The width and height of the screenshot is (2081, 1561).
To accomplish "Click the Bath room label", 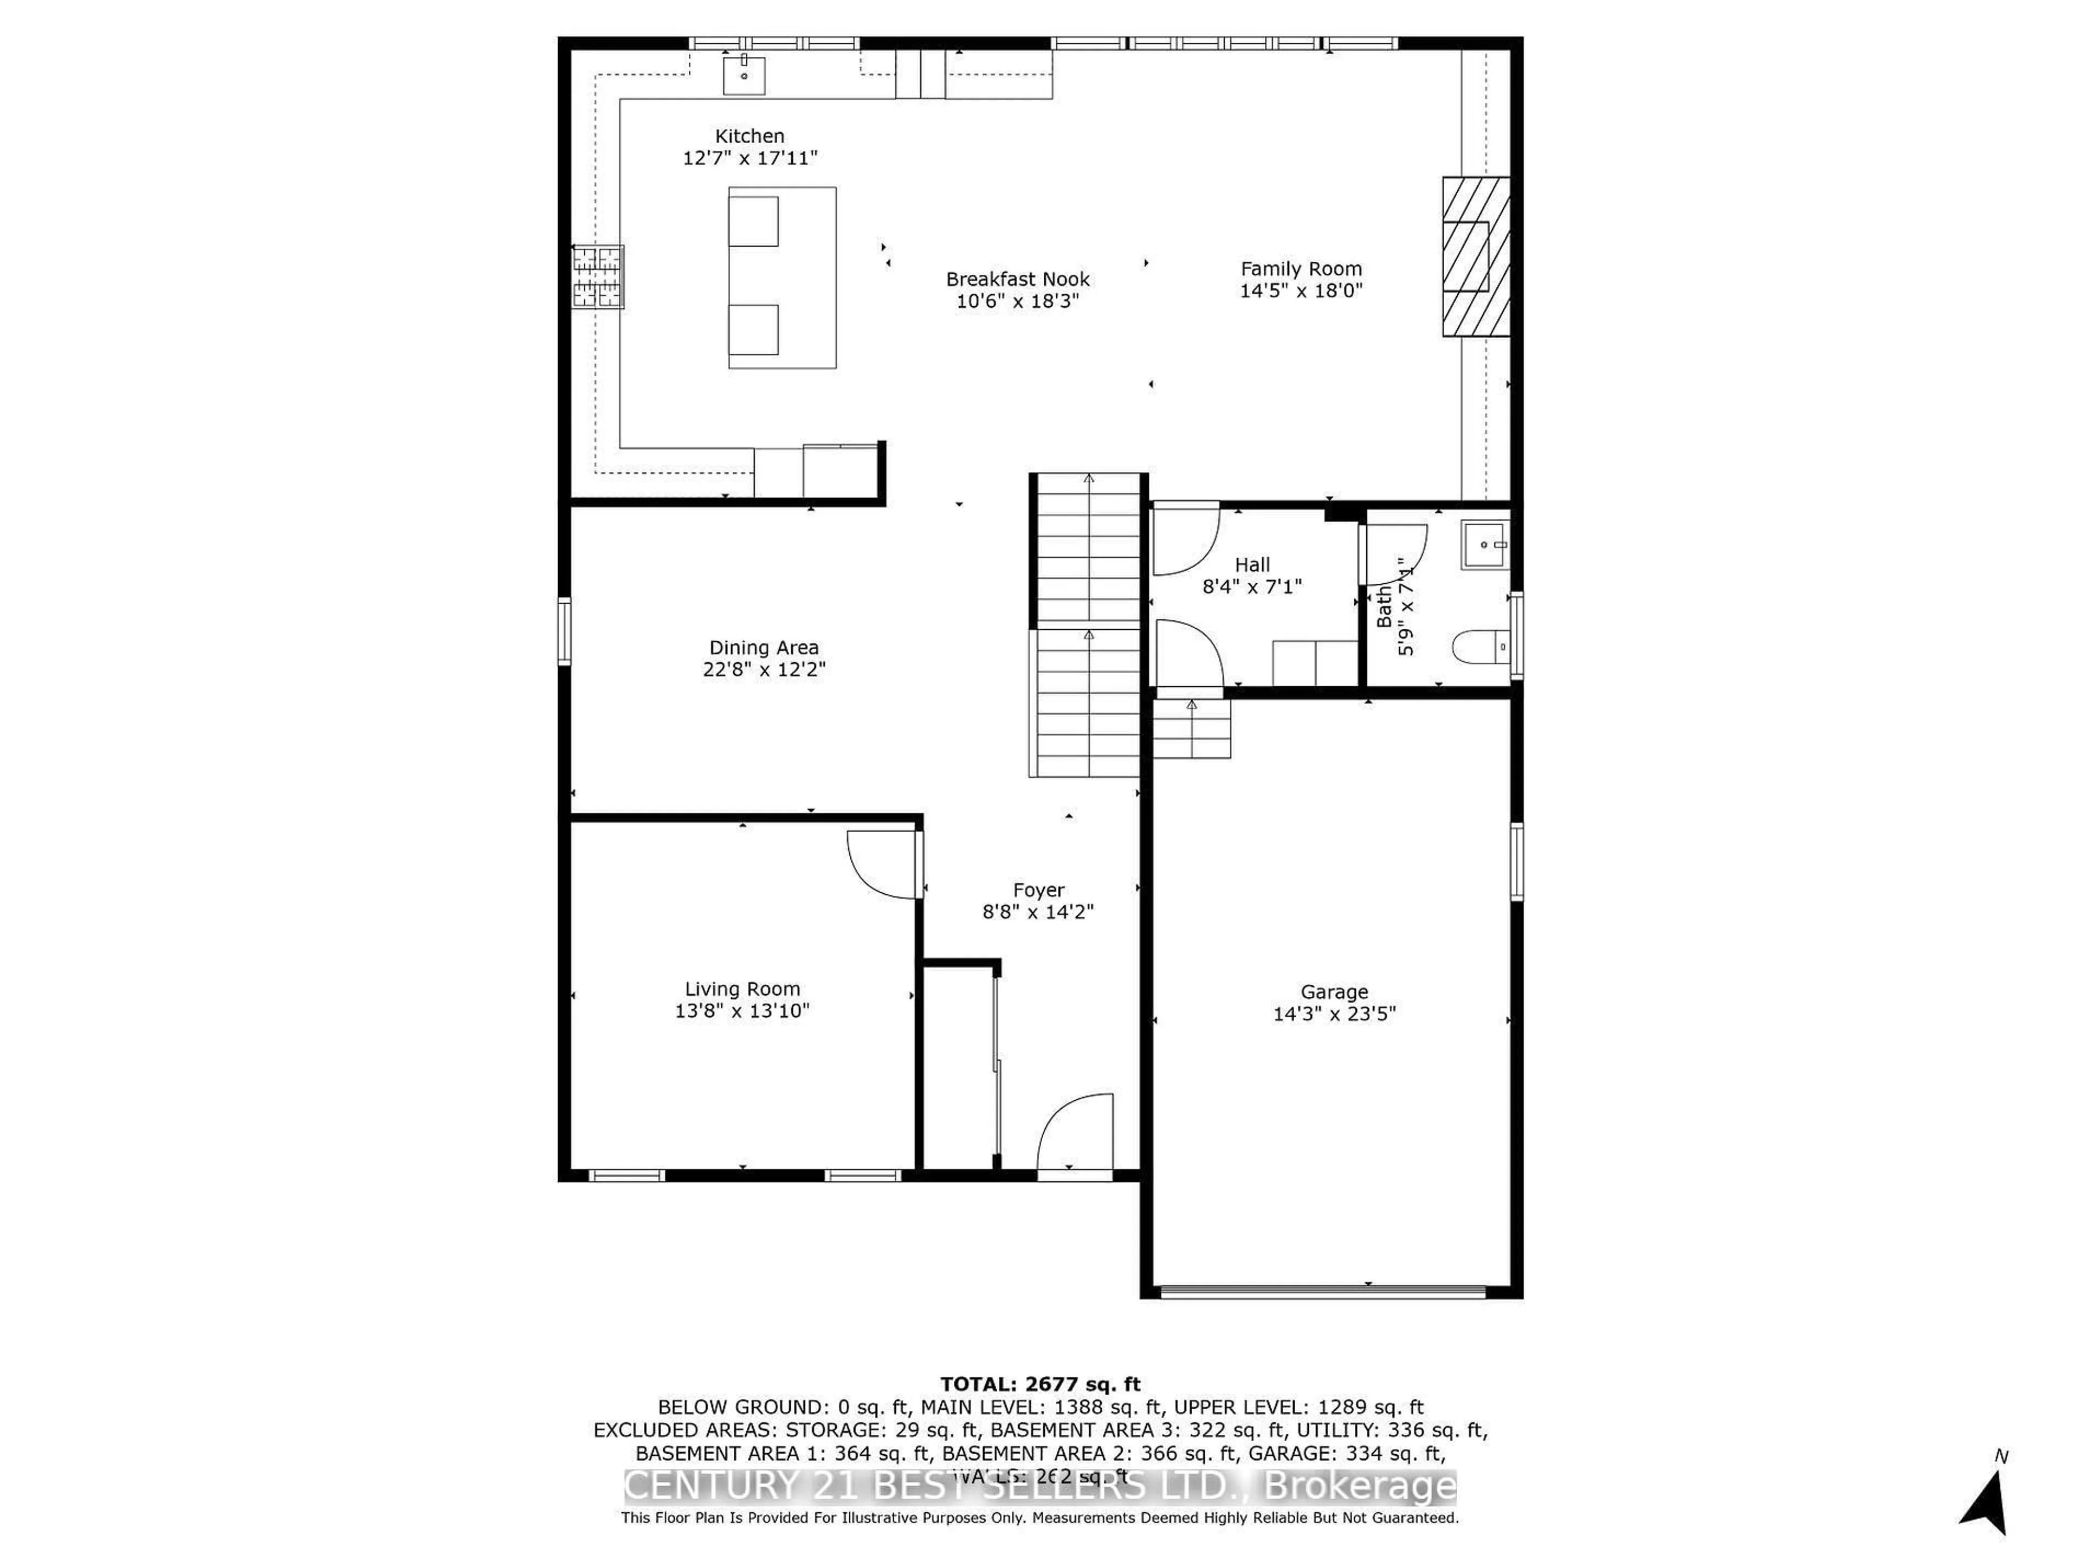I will [x=1384, y=607].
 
